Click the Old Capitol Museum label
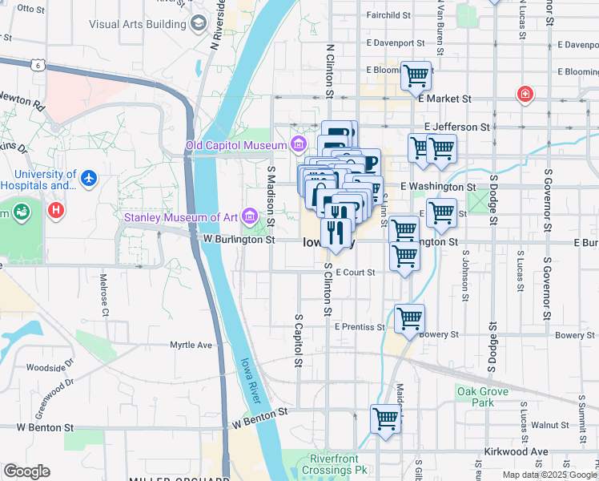pos(236,145)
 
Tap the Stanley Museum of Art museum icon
pos(251,216)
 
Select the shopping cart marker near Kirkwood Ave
pos(386,418)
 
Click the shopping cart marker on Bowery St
pos(409,318)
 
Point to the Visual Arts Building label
pos(137,24)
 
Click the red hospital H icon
pos(55,211)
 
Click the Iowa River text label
pos(251,379)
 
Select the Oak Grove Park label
pos(482,396)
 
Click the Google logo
pos(26,471)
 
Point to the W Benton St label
pos(259,417)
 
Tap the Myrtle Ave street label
pos(191,346)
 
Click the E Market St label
pos(445,99)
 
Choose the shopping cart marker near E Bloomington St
pos(416,76)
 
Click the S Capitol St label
pos(297,340)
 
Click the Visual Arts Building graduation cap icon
pos(198,23)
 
